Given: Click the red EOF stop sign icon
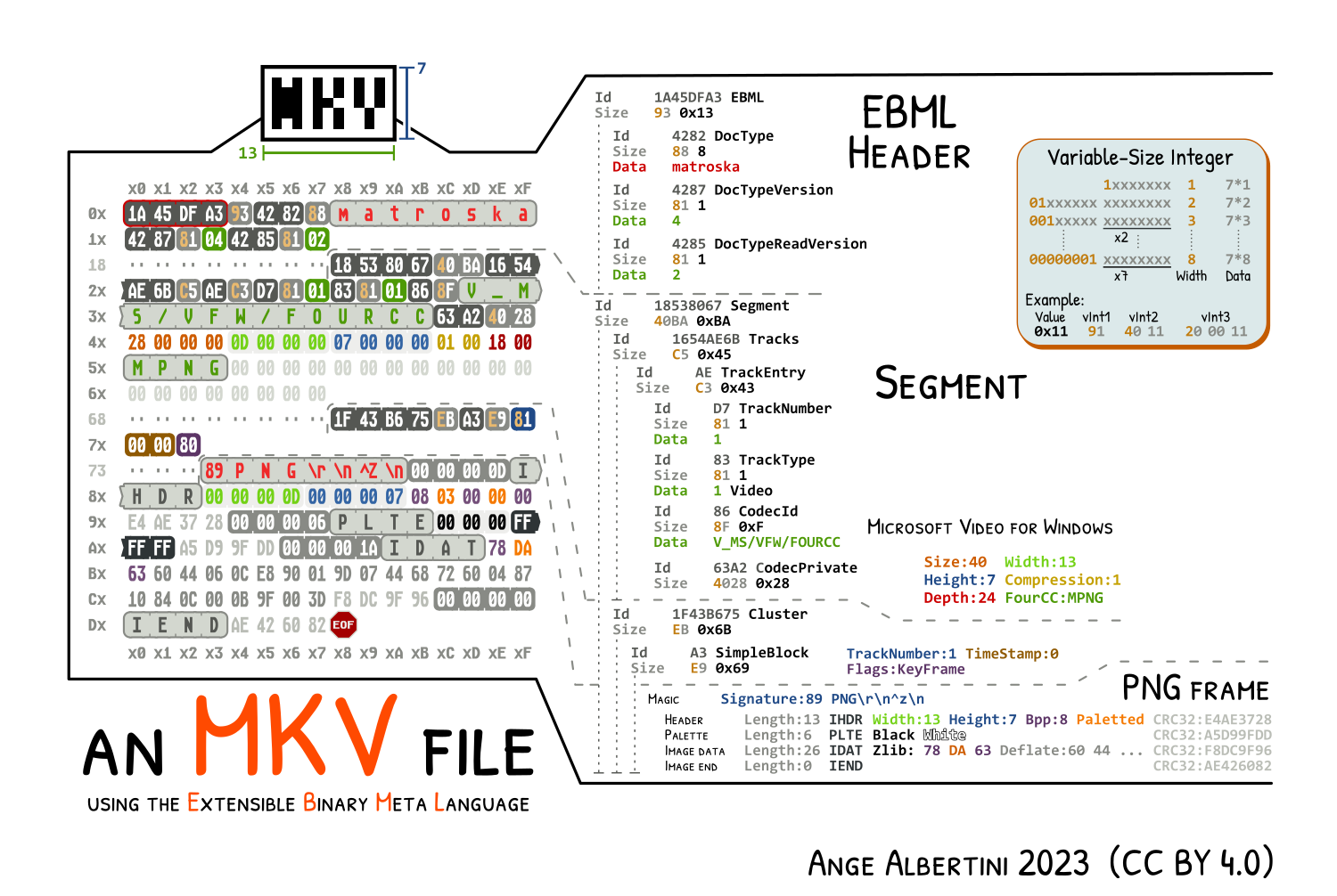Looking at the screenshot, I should [343, 625].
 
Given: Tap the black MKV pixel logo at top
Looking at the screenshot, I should [328, 103].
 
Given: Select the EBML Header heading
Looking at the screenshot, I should [909, 134].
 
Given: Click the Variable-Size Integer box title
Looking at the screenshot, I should [1140, 159].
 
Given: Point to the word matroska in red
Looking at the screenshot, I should [705, 167].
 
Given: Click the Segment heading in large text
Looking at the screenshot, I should [950, 385].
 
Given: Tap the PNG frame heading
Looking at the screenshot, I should [1195, 689].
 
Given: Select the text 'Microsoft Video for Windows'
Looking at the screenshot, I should [989, 527].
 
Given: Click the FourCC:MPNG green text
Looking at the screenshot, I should [1054, 598].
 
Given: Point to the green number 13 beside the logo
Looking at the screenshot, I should [247, 153].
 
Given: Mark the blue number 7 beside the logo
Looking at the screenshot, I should [422, 69].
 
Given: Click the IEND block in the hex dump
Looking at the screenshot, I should [176, 625].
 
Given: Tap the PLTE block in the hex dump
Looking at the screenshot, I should [381, 522].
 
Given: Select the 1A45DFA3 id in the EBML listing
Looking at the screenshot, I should [688, 98].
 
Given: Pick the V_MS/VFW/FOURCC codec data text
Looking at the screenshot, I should [776, 542].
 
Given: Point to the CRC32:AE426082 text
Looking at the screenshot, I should [1212, 766].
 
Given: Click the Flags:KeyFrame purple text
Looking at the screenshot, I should [906, 670].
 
